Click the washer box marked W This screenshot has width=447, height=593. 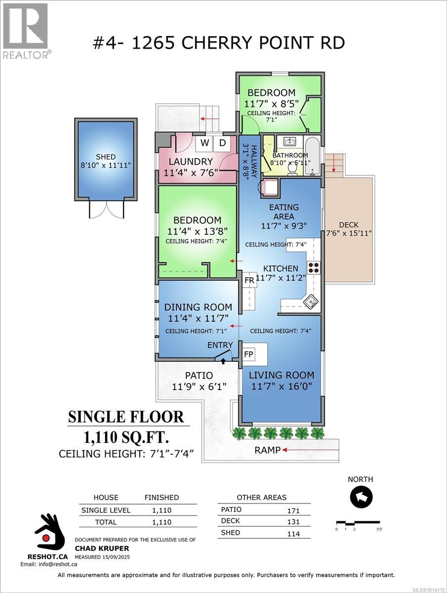click(x=204, y=143)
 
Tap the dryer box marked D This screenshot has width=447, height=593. click(x=222, y=143)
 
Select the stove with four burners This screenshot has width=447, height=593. click(x=314, y=267)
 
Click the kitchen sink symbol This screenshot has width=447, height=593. click(x=311, y=301)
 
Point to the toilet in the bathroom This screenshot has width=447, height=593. click(x=292, y=169)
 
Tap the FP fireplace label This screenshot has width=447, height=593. click(x=248, y=354)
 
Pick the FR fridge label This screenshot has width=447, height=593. click(x=249, y=280)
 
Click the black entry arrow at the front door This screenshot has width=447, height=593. click(x=223, y=361)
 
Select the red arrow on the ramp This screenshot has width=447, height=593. click(x=310, y=450)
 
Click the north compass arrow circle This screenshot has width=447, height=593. click(x=361, y=497)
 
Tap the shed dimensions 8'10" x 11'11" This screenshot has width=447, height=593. click(x=106, y=165)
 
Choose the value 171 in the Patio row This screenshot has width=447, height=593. click(x=293, y=510)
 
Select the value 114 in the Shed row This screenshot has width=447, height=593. click(x=293, y=534)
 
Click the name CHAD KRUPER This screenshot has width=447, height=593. click(x=102, y=548)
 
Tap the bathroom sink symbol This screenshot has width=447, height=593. click(x=290, y=141)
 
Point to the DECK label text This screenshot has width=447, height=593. click(x=349, y=225)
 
